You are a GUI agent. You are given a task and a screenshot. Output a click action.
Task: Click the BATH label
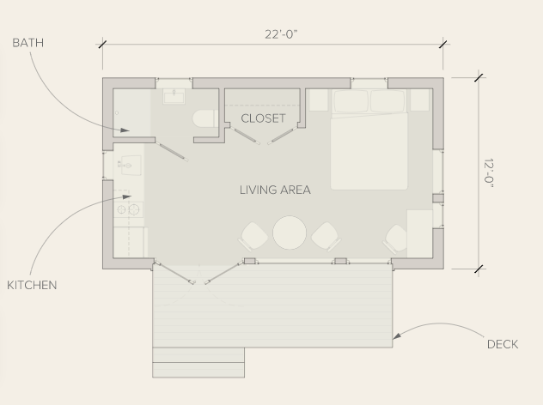(x=28, y=43)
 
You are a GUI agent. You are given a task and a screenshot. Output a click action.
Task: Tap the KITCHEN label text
(x=32, y=286)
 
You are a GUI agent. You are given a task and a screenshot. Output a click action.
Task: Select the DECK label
(x=503, y=344)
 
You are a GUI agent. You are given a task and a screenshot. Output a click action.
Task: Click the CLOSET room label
(x=263, y=118)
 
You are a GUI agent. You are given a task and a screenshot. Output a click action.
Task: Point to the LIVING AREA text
(x=275, y=190)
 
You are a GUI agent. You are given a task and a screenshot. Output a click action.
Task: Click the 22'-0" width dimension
(x=281, y=34)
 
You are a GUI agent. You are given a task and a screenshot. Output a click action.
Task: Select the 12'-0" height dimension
(x=488, y=173)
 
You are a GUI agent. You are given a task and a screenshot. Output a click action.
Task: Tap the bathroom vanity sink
(x=174, y=96)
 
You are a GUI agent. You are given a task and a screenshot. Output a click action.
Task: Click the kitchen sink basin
(x=130, y=166)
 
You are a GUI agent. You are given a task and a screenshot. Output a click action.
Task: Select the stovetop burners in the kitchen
(x=129, y=209)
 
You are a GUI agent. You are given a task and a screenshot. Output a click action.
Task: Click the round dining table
(x=290, y=233)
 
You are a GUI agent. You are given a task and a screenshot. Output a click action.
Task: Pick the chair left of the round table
(x=253, y=237)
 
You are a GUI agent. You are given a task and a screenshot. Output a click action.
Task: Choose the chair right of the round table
(x=326, y=237)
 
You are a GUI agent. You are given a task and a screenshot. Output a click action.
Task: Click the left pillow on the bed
(x=351, y=101)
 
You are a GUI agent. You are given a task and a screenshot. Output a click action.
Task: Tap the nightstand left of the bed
(x=319, y=100)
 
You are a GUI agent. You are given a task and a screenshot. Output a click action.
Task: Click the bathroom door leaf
(x=172, y=152)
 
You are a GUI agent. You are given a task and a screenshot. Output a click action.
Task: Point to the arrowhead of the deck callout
(x=397, y=335)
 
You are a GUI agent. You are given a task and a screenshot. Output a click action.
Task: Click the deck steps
(x=198, y=362)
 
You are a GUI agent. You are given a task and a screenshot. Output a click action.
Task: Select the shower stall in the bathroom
(x=132, y=112)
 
